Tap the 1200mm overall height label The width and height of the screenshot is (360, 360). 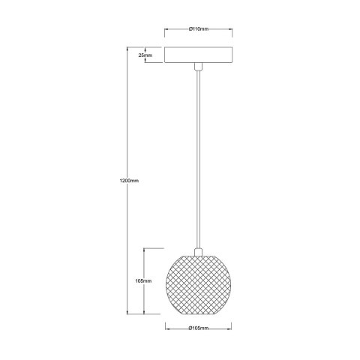point(128,181)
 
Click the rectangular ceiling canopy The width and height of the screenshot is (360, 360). point(198,56)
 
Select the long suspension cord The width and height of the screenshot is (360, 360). point(198,157)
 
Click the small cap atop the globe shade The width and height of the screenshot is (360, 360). point(198,250)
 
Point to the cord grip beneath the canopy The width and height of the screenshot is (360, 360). point(198,69)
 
